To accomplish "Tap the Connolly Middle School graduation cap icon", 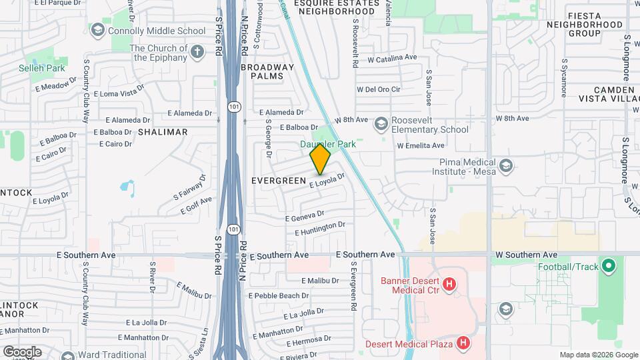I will (98, 31).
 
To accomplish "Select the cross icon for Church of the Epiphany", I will (197, 52).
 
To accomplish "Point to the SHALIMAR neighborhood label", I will (163, 132).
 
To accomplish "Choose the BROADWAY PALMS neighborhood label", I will (267, 71).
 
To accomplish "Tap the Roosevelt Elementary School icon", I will (381, 124).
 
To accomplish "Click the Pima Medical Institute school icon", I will (506, 165).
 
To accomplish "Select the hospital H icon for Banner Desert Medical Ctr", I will (449, 285).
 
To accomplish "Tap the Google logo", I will (22, 352).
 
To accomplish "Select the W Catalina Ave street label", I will (391, 59).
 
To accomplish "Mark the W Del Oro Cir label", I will (379, 89).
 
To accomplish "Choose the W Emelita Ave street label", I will (421, 145).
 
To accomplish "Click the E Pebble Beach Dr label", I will (279, 295).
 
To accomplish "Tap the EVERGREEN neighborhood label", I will (278, 181).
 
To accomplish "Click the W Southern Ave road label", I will (527, 255).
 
